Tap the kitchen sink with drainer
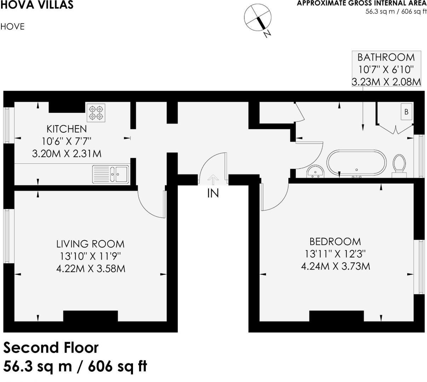click(111, 174)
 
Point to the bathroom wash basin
click(315, 171)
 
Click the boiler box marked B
click(406, 112)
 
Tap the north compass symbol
click(258, 18)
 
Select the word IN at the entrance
click(213, 193)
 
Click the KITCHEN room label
click(67, 129)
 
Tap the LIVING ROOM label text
click(91, 244)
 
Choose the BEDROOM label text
click(335, 242)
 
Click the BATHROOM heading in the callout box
click(386, 57)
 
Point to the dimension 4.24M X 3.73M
click(335, 266)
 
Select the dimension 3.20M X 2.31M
click(67, 154)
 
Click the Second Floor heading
click(51, 348)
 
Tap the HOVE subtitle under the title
click(12, 27)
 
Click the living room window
click(7, 236)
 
